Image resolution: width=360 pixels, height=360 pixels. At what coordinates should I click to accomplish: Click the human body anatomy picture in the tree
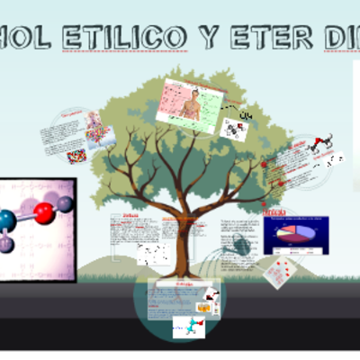pos(190,105)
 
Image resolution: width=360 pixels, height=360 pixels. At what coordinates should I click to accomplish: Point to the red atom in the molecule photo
pos(43,213)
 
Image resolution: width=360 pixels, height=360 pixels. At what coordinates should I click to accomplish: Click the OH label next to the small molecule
pos(245,116)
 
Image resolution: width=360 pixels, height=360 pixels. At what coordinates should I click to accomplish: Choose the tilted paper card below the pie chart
pos(286,268)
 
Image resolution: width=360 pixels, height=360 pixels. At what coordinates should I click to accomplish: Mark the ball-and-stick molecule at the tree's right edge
pos(323,143)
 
